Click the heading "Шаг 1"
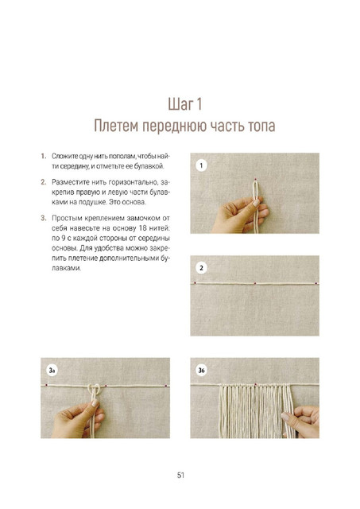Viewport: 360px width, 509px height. coord(185,104)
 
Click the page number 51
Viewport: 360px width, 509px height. coord(180,476)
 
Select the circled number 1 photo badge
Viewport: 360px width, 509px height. coord(201,165)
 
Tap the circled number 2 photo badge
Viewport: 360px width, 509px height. coord(201,268)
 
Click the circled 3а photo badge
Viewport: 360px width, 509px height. coord(52,370)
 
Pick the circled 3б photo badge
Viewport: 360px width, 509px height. coord(201,370)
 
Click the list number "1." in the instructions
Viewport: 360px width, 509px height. coord(44,156)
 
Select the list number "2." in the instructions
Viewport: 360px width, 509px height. coord(44,182)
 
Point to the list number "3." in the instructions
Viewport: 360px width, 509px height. coord(44,218)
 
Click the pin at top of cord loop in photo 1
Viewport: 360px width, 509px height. coord(256,179)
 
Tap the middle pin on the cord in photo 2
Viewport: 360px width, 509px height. coord(255,283)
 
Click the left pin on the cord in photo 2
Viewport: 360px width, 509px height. coord(195,283)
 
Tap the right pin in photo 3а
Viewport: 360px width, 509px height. coord(166,386)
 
